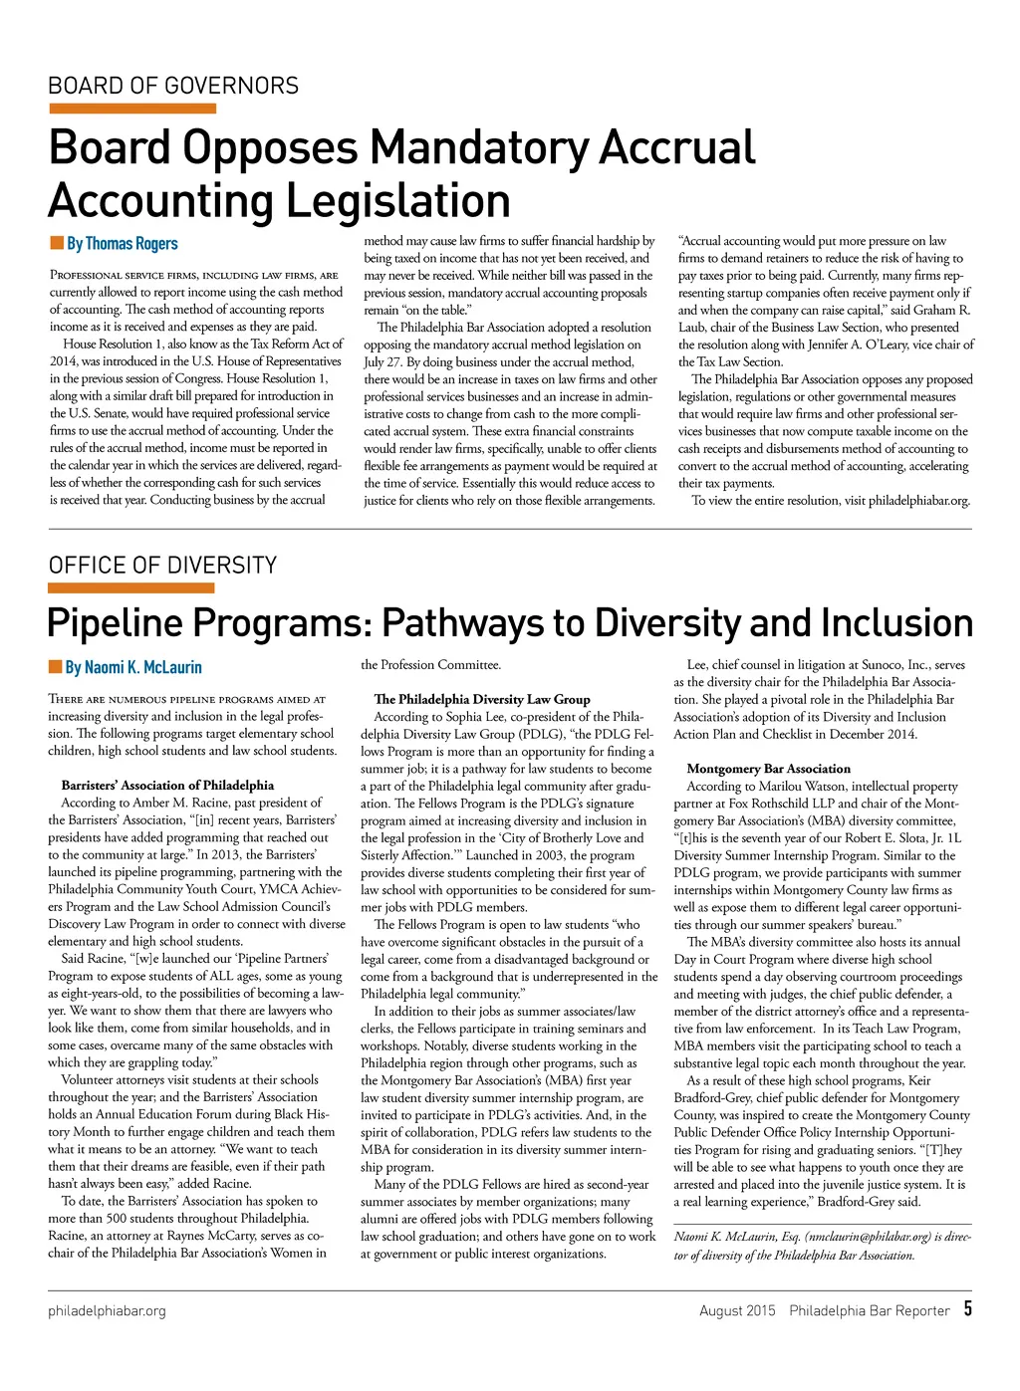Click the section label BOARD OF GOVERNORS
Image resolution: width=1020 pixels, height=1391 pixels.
(x=173, y=86)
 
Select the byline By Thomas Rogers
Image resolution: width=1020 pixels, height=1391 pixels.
(x=122, y=244)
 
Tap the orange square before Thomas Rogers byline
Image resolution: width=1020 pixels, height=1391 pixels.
(x=56, y=243)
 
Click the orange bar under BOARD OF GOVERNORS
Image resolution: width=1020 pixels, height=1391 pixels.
(x=131, y=109)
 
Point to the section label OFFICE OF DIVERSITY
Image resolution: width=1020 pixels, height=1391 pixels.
(x=162, y=566)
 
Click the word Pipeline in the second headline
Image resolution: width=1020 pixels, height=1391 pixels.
(x=117, y=623)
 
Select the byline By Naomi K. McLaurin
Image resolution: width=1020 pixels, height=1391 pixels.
(x=133, y=667)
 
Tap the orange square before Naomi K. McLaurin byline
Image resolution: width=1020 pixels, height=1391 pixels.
(x=56, y=666)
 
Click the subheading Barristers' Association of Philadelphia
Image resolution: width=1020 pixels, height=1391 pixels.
(x=167, y=786)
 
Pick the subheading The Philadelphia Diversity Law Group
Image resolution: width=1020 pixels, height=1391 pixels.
(x=482, y=699)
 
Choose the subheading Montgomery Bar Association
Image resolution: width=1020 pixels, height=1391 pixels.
(x=768, y=769)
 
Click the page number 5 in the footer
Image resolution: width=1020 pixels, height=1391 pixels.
(x=967, y=1309)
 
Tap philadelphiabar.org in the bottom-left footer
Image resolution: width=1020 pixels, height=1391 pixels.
(x=107, y=1311)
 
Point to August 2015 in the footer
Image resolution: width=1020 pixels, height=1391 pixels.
(x=737, y=1311)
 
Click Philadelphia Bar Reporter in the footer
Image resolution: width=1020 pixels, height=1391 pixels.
(x=870, y=1311)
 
